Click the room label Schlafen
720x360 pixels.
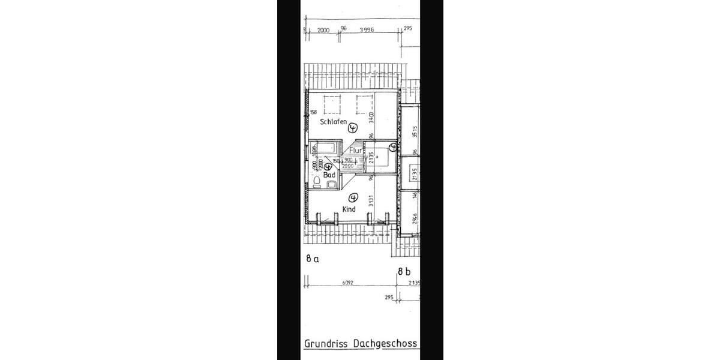pyautogui.click(x=333, y=122)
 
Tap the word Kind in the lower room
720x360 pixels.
pyautogui.click(x=349, y=209)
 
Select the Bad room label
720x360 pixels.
pyautogui.click(x=329, y=175)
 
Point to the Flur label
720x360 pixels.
pyautogui.click(x=356, y=151)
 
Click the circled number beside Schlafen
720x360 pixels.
pyautogui.click(x=353, y=127)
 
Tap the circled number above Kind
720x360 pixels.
pyautogui.click(x=353, y=197)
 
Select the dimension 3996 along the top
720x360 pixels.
pyautogui.click(x=367, y=29)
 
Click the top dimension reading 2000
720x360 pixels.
pyautogui.click(x=323, y=29)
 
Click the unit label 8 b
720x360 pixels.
pyautogui.click(x=404, y=272)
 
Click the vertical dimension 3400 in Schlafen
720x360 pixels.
pyautogui.click(x=371, y=119)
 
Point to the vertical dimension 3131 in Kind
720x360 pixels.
pyautogui.click(x=371, y=201)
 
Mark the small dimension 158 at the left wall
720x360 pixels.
pyautogui.click(x=314, y=113)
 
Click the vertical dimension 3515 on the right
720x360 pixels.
pyautogui.click(x=415, y=132)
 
